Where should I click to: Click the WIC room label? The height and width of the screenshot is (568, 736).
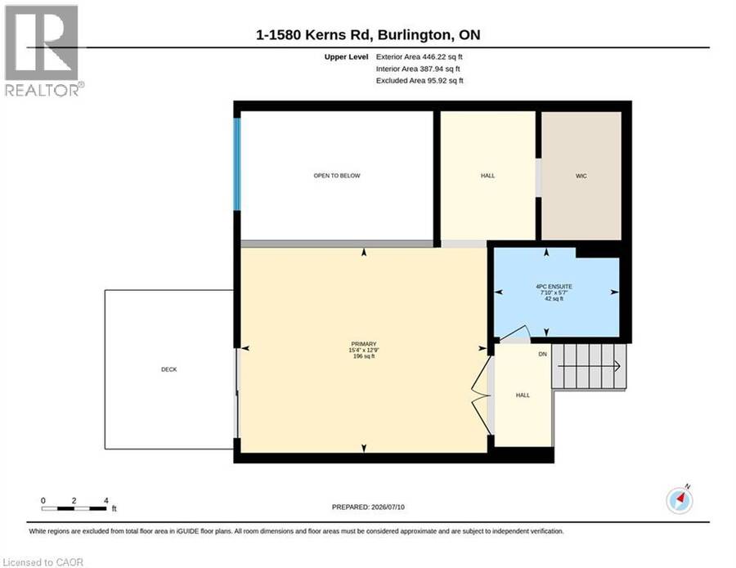coord(581,176)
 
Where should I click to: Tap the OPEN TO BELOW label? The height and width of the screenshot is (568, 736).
coord(337,176)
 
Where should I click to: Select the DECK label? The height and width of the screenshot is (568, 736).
coord(169,369)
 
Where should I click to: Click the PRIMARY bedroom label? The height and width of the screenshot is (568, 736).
coord(364,344)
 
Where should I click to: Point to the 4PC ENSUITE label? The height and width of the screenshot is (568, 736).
coord(554,286)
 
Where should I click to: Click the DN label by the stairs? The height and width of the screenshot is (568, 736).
coord(543,354)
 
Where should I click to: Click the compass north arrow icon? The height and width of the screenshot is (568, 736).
coord(680,500)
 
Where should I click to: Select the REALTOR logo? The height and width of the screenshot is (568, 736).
coord(43,51)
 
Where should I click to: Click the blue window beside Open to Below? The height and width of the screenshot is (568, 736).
coord(237,164)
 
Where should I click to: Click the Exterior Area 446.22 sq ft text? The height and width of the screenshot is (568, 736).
coord(420,56)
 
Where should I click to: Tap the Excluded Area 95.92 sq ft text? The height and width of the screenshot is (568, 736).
coord(420,81)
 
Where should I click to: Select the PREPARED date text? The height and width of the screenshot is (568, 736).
coord(368,507)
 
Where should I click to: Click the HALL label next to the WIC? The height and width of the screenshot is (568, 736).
coord(487,176)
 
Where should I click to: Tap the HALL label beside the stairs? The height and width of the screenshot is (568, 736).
coord(523,396)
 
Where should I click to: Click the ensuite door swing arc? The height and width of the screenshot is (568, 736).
coord(516,329)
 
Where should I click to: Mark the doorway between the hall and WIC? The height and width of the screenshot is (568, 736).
coord(538,178)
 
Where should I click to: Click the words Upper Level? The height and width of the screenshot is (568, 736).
coord(347,56)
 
